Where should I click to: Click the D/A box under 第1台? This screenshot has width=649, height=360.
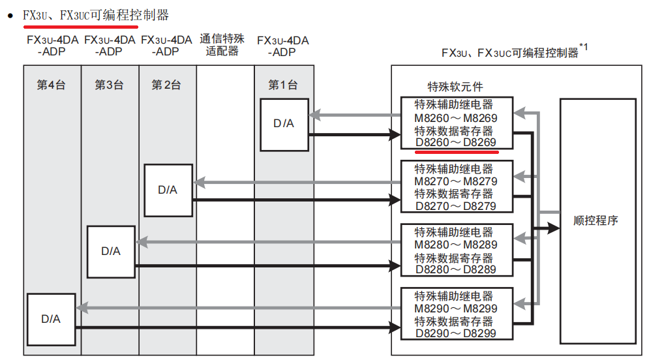click(x=284, y=124)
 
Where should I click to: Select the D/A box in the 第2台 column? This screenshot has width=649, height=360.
click(x=168, y=190)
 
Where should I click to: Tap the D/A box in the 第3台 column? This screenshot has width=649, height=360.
click(x=111, y=251)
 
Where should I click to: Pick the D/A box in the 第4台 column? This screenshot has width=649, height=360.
click(x=51, y=319)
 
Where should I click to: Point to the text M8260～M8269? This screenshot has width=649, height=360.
click(x=455, y=118)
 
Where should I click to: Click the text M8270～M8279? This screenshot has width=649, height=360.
click(x=455, y=181)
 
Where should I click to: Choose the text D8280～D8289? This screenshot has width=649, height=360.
click(x=455, y=269)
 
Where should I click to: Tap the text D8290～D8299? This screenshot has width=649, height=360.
click(x=455, y=333)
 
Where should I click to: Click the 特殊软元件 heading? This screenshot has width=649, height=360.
click(x=455, y=87)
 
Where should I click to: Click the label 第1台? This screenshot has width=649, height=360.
click(x=283, y=85)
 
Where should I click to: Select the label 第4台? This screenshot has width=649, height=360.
click(x=51, y=85)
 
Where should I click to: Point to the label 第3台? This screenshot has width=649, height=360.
click(x=109, y=85)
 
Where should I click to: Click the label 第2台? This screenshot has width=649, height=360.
click(x=166, y=85)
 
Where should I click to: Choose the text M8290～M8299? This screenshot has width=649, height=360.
click(x=455, y=308)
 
